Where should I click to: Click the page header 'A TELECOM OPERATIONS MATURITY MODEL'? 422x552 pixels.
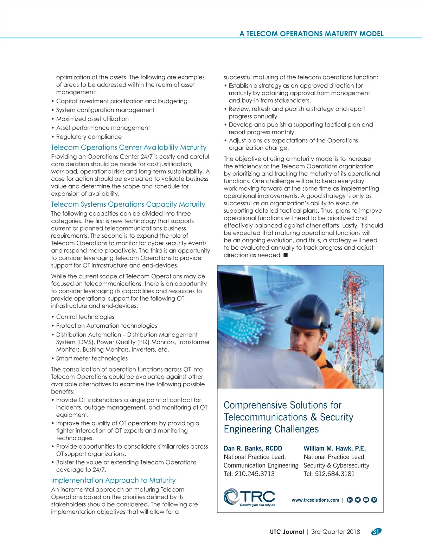(311, 34)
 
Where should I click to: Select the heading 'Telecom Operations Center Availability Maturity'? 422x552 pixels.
(129, 147)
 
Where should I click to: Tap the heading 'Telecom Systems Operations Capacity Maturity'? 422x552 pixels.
(128, 204)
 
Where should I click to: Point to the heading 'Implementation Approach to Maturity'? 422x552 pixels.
(113, 480)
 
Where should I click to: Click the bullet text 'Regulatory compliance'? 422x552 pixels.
(89, 137)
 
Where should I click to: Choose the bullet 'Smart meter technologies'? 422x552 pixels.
(92, 358)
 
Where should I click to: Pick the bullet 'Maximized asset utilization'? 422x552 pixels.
(92, 119)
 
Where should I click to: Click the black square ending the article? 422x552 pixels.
(286, 255)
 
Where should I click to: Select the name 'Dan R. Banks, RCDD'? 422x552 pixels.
(253, 448)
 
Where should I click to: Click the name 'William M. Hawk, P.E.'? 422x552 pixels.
(334, 448)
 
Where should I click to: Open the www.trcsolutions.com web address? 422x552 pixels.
(315, 500)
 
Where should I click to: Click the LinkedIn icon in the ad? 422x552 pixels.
(350, 500)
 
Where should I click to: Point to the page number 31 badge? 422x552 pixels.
(376, 532)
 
